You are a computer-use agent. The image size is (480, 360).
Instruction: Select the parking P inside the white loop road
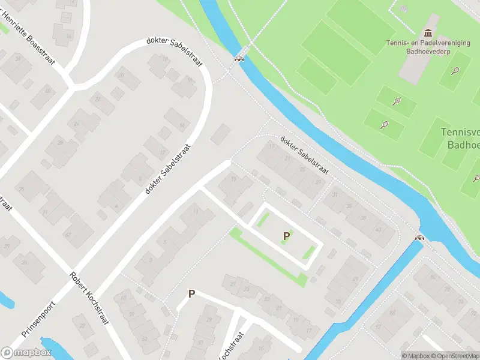click(286, 236)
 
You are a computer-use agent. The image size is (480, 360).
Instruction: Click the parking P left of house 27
click(192, 294)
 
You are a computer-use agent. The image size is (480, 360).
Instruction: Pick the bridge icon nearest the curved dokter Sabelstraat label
click(239, 58)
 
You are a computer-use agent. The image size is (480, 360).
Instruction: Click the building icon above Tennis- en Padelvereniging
click(428, 32)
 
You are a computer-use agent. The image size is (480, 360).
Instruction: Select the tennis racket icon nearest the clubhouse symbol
click(457, 71)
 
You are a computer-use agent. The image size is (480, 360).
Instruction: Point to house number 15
click(233, 178)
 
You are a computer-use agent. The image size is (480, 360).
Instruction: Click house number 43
click(378, 229)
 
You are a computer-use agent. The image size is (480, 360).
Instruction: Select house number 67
click(68, 234)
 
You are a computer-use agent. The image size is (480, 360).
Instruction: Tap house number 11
click(195, 211)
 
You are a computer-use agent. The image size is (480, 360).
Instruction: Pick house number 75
click(22, 190)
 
